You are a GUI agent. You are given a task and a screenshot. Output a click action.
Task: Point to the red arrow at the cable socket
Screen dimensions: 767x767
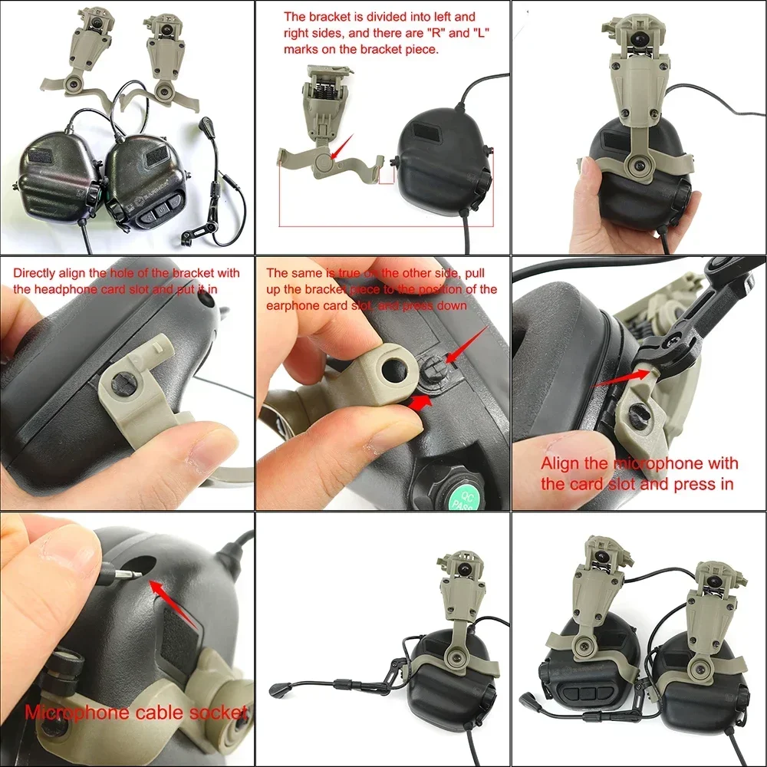coord(175,606)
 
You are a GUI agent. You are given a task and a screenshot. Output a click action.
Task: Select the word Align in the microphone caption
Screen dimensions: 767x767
coord(565,463)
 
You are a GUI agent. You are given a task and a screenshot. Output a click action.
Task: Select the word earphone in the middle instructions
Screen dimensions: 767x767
coord(290,304)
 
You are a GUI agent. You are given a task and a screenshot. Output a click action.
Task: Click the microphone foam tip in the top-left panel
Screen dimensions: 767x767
coord(206,123)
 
